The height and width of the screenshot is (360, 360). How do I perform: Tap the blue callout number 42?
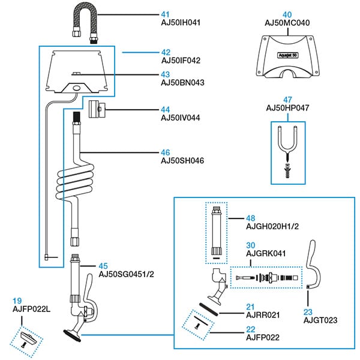pyautogui.click(x=166, y=52)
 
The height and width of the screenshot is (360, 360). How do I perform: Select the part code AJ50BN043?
pyautogui.click(x=181, y=82)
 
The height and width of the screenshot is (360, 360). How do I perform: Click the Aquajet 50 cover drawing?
pyautogui.click(x=287, y=56)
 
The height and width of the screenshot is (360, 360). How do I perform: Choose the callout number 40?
pyautogui.click(x=287, y=14)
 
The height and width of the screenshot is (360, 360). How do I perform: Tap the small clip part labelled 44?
pyautogui.click(x=97, y=110)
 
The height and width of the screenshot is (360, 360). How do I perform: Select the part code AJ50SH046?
pyautogui.click(x=181, y=161)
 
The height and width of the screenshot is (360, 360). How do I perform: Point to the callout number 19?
pyautogui.click(x=17, y=301)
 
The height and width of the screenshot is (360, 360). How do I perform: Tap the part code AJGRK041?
pyautogui.click(x=265, y=254)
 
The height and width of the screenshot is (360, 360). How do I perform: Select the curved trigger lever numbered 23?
pyautogui.click(x=313, y=264)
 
